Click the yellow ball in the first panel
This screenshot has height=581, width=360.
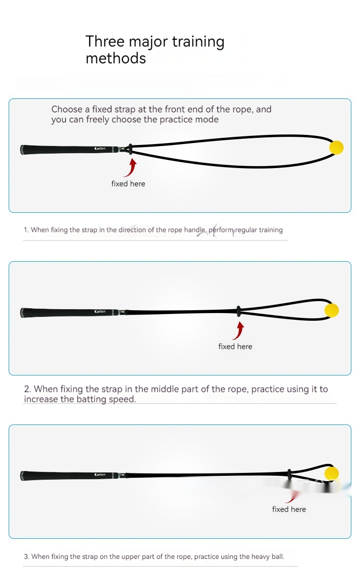[x=336, y=147]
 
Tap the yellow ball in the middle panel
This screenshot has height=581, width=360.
[x=332, y=310]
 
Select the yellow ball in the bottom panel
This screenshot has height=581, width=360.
[x=332, y=473]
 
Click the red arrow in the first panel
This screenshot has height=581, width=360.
[x=131, y=168]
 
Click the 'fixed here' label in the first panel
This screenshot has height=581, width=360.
[x=128, y=183]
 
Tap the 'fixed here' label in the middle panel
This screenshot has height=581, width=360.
[x=235, y=347]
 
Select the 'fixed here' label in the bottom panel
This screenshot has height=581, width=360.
[x=289, y=509]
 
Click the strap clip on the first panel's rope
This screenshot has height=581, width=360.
[x=131, y=149]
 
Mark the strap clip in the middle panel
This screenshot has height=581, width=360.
[x=239, y=311]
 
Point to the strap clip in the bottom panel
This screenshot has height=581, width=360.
[x=289, y=474]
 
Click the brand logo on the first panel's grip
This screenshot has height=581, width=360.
[x=100, y=149]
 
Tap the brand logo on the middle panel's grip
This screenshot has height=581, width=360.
[x=100, y=311]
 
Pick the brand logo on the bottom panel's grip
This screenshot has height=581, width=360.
[x=100, y=474]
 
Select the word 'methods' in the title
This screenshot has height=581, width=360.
[x=116, y=58]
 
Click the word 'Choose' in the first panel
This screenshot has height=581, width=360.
[x=67, y=109]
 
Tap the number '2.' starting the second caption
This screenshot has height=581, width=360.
[x=27, y=389]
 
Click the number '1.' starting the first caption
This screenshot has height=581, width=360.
[x=26, y=230]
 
